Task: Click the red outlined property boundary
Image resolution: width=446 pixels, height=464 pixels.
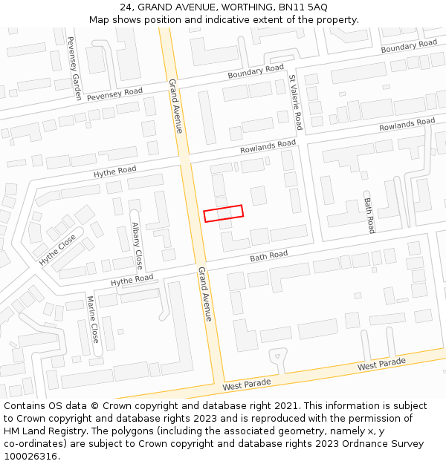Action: click(x=223, y=213)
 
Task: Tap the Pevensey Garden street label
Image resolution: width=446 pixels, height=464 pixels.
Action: click(x=74, y=68)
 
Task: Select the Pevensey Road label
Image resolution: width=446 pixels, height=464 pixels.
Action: click(x=114, y=94)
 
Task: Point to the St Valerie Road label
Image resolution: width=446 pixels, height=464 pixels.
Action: click(x=296, y=102)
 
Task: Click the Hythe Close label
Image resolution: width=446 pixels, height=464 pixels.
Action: click(x=58, y=250)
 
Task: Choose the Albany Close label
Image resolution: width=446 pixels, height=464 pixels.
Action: click(x=137, y=245)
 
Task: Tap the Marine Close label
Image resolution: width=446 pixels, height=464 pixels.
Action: click(x=93, y=319)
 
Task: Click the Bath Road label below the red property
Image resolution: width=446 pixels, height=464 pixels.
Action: click(x=268, y=256)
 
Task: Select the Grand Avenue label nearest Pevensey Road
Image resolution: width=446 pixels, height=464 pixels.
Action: click(x=175, y=105)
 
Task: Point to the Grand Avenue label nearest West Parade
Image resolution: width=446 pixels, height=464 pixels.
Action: click(x=205, y=294)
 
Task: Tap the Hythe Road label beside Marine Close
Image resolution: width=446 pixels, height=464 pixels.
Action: click(x=132, y=280)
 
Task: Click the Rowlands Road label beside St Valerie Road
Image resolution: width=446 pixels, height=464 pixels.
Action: click(x=268, y=147)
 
